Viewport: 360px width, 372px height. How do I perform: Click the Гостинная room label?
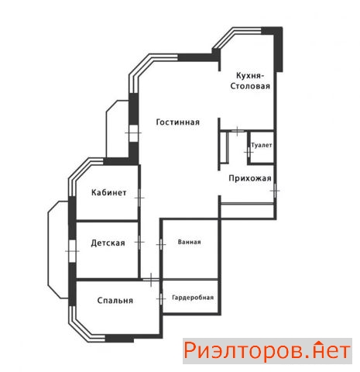click(x=178, y=122)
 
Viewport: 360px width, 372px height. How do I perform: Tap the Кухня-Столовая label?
click(x=250, y=81)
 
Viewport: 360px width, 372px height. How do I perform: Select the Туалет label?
click(x=262, y=146)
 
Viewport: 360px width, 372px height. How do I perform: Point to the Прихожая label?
click(x=250, y=178)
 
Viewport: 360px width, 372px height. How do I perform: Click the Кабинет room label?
click(x=109, y=192)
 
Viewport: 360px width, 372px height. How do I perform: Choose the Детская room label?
click(x=108, y=243)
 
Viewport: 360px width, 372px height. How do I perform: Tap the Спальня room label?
click(x=115, y=300)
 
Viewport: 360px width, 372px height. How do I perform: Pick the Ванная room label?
click(x=189, y=242)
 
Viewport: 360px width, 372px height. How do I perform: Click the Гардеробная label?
click(x=193, y=298)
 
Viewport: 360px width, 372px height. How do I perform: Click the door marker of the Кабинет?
click(x=139, y=198)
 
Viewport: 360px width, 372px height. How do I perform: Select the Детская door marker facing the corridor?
click(x=139, y=243)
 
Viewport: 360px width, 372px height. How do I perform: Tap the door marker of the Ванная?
click(x=161, y=244)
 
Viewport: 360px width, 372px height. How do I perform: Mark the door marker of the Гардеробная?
click(x=161, y=299)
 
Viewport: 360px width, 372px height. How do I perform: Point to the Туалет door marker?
click(x=249, y=152)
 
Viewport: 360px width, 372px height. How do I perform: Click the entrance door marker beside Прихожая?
click(x=275, y=191)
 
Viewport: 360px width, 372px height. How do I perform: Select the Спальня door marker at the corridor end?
click(x=151, y=280)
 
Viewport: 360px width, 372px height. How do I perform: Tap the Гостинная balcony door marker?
click(x=133, y=133)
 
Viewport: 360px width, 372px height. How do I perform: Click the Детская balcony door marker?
click(x=72, y=251)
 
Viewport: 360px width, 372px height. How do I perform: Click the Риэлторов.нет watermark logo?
click(x=267, y=351)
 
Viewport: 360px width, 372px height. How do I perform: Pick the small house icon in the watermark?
click(x=319, y=343)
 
